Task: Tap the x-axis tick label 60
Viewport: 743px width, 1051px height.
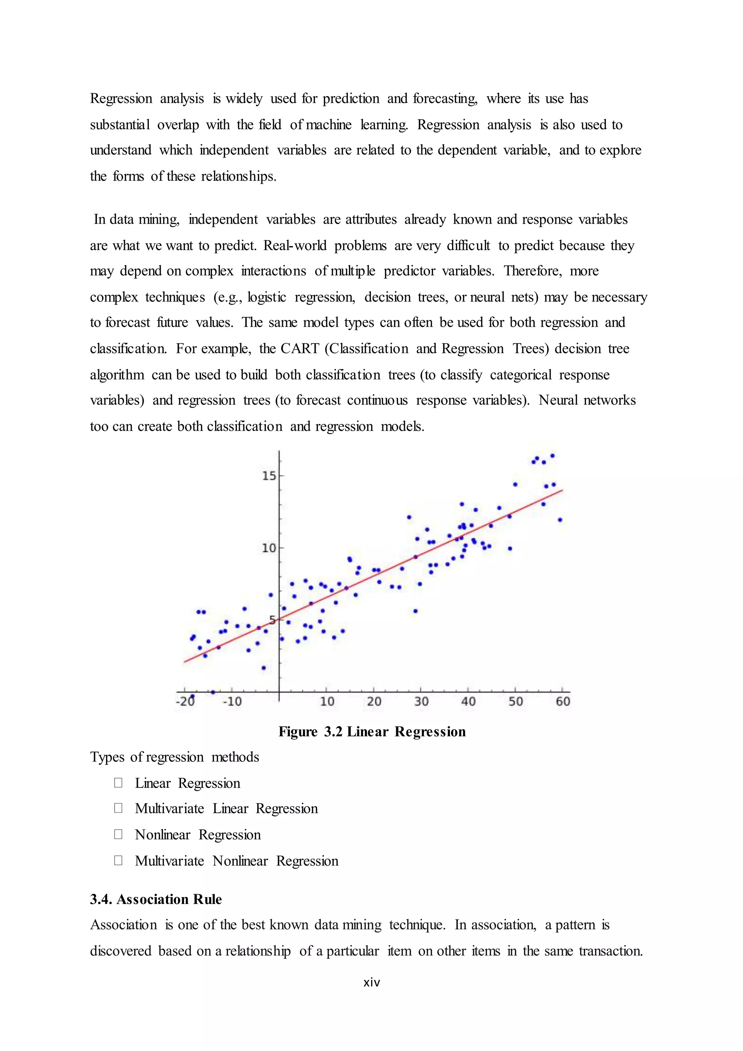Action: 563,702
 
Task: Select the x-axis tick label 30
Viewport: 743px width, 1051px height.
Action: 421,702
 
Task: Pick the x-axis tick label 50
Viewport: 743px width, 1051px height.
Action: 516,702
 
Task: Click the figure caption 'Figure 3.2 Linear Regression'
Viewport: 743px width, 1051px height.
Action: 372,732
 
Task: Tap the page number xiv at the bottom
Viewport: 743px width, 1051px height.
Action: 371,982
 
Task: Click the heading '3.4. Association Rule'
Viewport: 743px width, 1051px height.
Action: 156,900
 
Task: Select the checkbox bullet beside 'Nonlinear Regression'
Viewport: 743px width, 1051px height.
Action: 118,834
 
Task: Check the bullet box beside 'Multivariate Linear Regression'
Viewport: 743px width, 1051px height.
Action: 118,808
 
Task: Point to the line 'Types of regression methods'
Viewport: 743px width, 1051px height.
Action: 174,757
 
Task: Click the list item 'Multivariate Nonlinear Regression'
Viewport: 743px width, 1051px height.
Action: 237,861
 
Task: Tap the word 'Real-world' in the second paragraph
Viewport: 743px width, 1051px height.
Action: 295,246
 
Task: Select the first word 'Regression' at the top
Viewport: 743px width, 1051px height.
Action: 121,99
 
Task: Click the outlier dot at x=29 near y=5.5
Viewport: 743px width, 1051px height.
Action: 415,611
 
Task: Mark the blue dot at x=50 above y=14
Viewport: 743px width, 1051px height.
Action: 515,484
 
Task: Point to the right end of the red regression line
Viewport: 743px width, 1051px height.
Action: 562,490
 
